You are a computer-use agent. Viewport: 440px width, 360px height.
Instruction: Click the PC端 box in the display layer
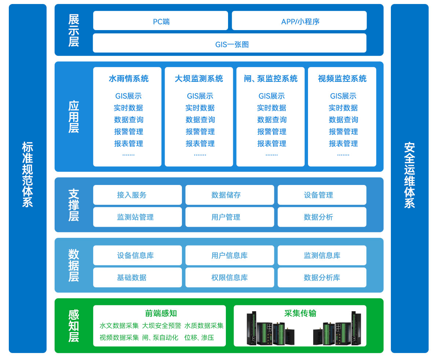[161, 21]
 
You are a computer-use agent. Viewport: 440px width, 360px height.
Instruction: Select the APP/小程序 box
[299, 21]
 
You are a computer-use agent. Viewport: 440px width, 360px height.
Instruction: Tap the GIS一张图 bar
[230, 43]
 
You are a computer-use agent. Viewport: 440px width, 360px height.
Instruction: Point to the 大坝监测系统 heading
[199, 79]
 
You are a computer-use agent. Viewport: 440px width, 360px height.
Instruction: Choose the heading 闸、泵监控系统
[271, 79]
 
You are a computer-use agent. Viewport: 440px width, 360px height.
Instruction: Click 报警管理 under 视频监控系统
[343, 131]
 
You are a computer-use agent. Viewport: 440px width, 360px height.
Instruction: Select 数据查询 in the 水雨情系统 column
[129, 120]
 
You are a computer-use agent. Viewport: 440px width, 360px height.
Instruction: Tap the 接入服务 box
[137, 195]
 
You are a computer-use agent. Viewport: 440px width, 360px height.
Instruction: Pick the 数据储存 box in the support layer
[230, 195]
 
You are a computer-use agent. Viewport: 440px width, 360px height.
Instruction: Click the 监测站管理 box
[137, 217]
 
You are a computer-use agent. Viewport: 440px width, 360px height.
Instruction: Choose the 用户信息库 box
[230, 255]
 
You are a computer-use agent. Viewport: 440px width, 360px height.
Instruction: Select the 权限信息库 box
[230, 277]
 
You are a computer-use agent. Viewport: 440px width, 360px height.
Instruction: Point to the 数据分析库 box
[322, 277]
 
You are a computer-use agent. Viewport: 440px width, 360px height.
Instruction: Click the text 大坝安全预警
[162, 326]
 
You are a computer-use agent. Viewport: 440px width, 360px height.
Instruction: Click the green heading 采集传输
[300, 313]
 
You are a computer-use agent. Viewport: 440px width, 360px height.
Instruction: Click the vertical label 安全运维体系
[410, 175]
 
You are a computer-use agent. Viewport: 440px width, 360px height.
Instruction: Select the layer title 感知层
[74, 326]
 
